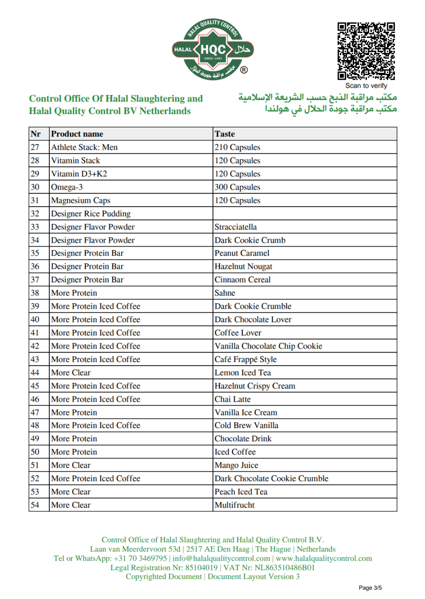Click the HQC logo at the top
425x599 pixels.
(x=213, y=49)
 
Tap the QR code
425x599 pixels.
(x=366, y=51)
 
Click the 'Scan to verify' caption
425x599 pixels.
(x=366, y=86)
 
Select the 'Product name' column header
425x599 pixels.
(x=77, y=134)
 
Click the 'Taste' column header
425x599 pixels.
(x=225, y=134)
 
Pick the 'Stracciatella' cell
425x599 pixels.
(x=235, y=227)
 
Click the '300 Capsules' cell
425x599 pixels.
(x=237, y=187)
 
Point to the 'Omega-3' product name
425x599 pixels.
(x=66, y=187)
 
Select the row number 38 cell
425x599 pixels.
(x=35, y=293)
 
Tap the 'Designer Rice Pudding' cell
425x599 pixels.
(x=91, y=214)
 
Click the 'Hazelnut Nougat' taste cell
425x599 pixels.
(x=243, y=266)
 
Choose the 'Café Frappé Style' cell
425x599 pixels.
(x=245, y=359)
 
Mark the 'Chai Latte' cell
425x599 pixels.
(x=232, y=399)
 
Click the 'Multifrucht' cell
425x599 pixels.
(x=234, y=505)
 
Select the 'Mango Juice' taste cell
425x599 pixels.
(x=236, y=465)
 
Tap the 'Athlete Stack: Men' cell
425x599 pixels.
(x=84, y=147)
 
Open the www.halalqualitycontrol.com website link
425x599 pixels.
(x=324, y=558)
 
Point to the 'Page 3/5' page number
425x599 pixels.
(x=370, y=587)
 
